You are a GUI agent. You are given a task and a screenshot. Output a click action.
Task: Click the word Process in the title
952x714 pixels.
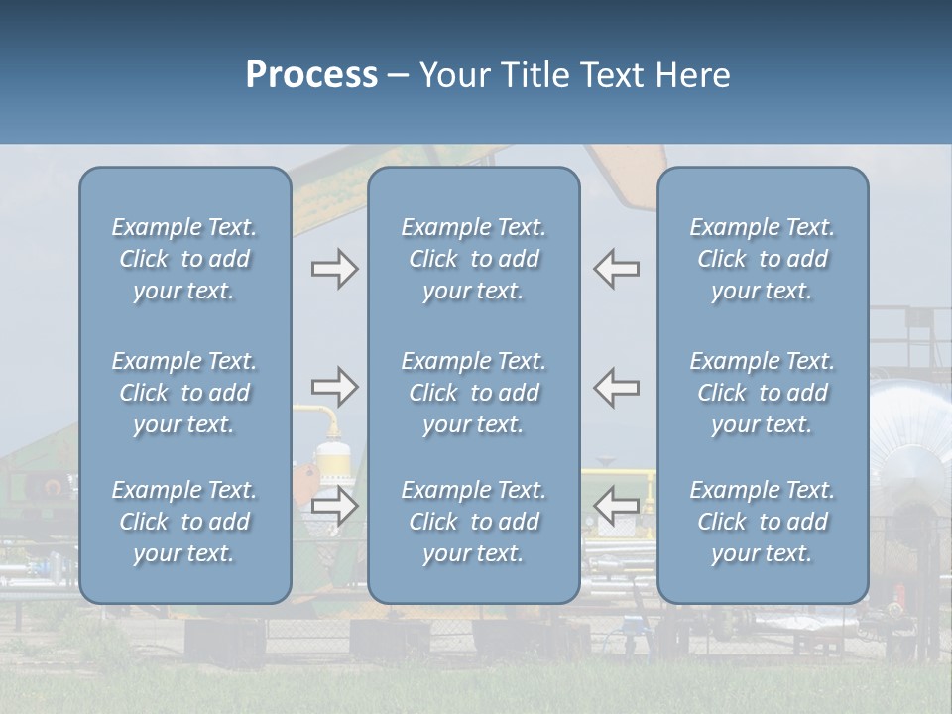pos(311,75)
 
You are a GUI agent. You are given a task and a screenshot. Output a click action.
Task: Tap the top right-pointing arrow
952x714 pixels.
pos(334,269)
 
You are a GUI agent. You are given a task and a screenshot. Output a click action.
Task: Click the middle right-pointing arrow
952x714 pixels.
pos(334,387)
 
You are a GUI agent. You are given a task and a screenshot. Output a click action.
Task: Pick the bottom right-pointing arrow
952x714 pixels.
pos(334,506)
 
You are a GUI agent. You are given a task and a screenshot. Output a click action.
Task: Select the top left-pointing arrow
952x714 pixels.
pos(616,269)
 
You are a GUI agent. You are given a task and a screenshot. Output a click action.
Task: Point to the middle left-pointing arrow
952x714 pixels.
pos(616,387)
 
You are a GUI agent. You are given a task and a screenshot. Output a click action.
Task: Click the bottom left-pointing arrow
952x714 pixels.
pos(616,506)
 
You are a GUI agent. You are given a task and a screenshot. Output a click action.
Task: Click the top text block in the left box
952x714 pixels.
pos(184,259)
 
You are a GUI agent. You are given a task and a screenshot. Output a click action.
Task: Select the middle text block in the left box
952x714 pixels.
pos(184,393)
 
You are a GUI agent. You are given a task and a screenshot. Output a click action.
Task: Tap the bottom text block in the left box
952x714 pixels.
pos(184,522)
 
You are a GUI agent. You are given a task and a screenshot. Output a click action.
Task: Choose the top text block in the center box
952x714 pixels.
pos(473,259)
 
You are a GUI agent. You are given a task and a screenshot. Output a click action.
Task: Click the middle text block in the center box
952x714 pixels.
pos(473,393)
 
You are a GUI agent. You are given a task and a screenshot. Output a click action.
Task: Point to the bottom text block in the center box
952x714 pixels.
pos(473,522)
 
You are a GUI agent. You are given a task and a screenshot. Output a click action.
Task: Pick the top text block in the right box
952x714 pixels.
pos(763,259)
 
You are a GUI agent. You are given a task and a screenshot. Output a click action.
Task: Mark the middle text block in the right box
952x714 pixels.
pos(763,393)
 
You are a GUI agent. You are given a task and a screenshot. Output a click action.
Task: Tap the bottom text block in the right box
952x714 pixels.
pos(763,522)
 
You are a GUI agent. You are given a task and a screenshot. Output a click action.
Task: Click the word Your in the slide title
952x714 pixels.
pos(454,75)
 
